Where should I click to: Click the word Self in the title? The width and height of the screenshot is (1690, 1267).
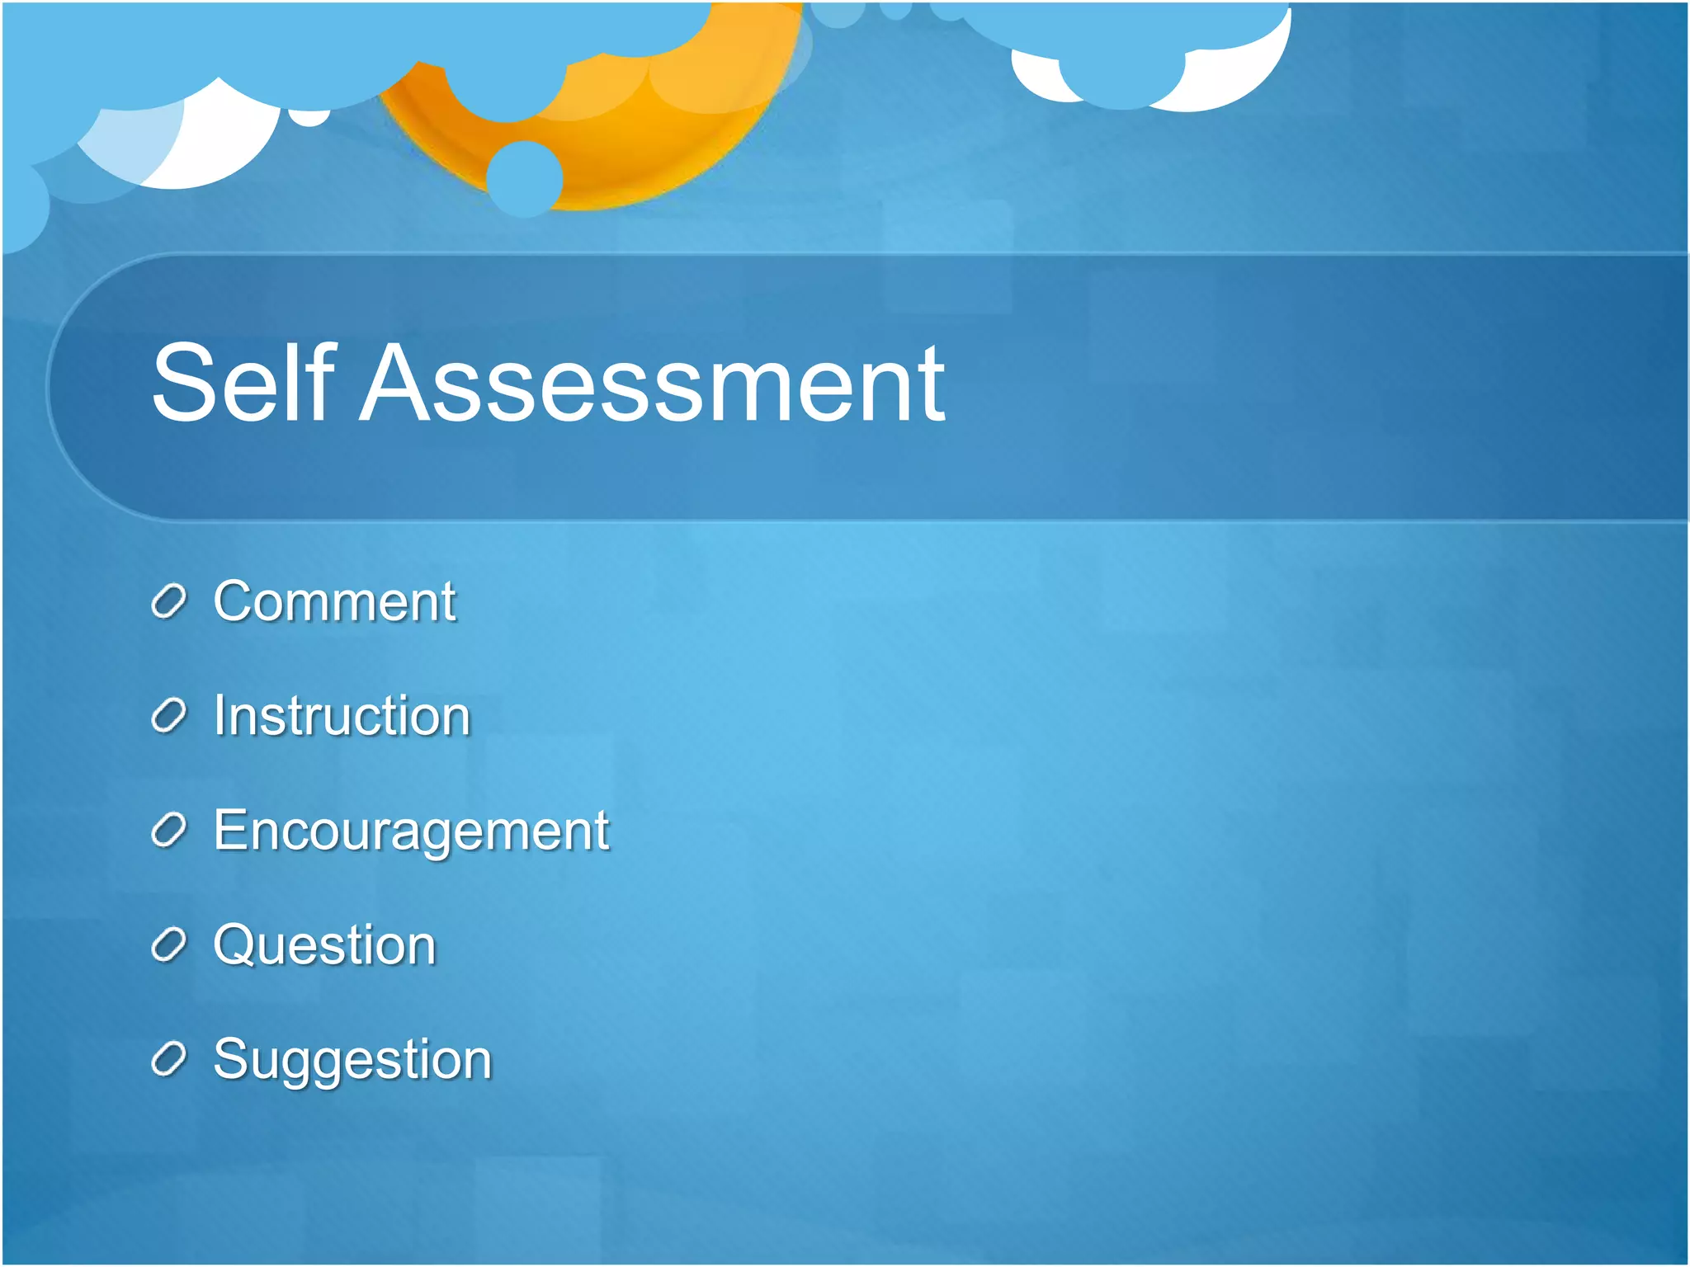click(244, 383)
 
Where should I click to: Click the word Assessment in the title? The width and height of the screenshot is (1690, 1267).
click(652, 384)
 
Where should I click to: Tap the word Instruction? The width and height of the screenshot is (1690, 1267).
click(342, 715)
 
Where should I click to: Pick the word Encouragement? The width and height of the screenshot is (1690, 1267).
click(411, 830)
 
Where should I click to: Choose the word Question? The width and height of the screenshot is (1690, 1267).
click(324, 944)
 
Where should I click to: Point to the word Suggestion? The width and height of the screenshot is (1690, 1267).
click(352, 1059)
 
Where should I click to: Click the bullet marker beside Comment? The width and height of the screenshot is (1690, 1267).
click(169, 602)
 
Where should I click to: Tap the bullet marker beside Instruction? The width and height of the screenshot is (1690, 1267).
click(169, 717)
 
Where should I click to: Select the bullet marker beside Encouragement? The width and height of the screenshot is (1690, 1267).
click(169, 831)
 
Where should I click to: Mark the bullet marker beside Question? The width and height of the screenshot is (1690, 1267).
click(169, 945)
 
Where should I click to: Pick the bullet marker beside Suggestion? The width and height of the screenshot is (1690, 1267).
click(169, 1060)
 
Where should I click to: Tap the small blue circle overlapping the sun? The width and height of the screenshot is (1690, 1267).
click(525, 178)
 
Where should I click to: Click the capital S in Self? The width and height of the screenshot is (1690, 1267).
click(183, 383)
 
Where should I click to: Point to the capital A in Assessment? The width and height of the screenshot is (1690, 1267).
click(396, 383)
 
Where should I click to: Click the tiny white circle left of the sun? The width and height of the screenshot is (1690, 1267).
click(309, 118)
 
